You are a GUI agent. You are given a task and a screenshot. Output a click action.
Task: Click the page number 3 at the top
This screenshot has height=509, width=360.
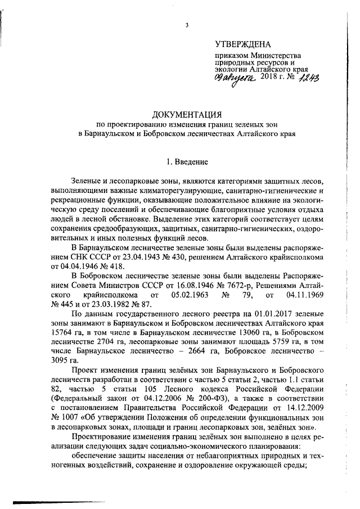[x=186, y=25]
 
